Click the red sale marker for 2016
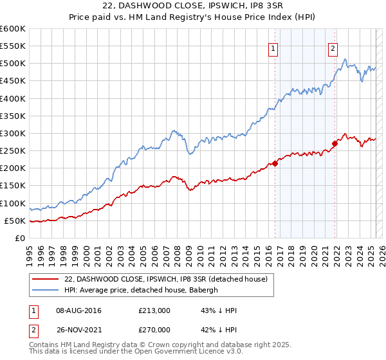point(275,163)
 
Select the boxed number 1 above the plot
point(273,48)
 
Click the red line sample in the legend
point(45,279)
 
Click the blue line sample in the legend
point(45,290)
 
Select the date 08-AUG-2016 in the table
point(78,310)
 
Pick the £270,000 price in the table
point(154,328)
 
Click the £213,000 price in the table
point(154,310)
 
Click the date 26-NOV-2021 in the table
point(78,328)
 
